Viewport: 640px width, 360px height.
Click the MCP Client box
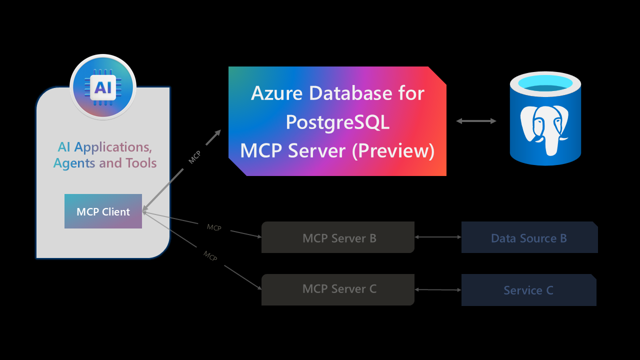pyautogui.click(x=103, y=211)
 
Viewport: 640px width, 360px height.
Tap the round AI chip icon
pyautogui.click(x=103, y=87)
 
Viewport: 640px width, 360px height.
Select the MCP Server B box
pyautogui.click(x=338, y=237)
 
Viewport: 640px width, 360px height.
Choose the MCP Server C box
pyautogui.click(x=338, y=289)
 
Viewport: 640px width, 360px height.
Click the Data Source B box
pyautogui.click(x=529, y=237)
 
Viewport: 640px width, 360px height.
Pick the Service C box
pyautogui.click(x=528, y=290)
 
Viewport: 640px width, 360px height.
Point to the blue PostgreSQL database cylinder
pyautogui.click(x=545, y=120)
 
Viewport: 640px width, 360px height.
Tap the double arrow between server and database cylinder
pyautogui.click(x=476, y=121)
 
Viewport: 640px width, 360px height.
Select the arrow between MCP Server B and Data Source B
pyautogui.click(x=438, y=237)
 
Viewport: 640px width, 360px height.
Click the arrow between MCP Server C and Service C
pyautogui.click(x=438, y=289)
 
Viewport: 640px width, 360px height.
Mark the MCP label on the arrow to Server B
pyautogui.click(x=214, y=228)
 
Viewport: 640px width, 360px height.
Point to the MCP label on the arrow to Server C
pyautogui.click(x=210, y=256)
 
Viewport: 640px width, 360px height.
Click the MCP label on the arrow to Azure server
pyautogui.click(x=194, y=157)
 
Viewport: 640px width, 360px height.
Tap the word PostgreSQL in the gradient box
pyautogui.click(x=337, y=122)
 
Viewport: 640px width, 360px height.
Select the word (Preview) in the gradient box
pyautogui.click(x=393, y=150)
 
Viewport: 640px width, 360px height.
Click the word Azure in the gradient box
pyautogui.click(x=277, y=93)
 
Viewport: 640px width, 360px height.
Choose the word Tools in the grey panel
pyautogui.click(x=141, y=163)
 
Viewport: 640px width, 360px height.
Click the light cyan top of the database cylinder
pyautogui.click(x=545, y=82)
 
